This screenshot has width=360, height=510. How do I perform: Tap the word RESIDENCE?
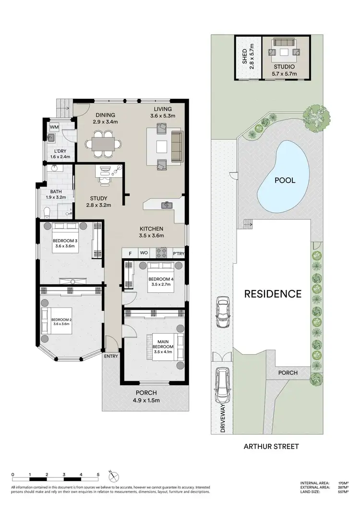coord(273,294)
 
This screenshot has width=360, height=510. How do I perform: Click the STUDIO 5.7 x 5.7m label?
coord(285,70)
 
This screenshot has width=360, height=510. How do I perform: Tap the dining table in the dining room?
coord(101,143)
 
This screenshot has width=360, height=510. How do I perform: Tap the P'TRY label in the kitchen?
coord(178,253)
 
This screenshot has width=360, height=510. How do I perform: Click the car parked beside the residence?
coord(222,312)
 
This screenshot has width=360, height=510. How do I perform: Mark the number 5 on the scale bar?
coord(98,474)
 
